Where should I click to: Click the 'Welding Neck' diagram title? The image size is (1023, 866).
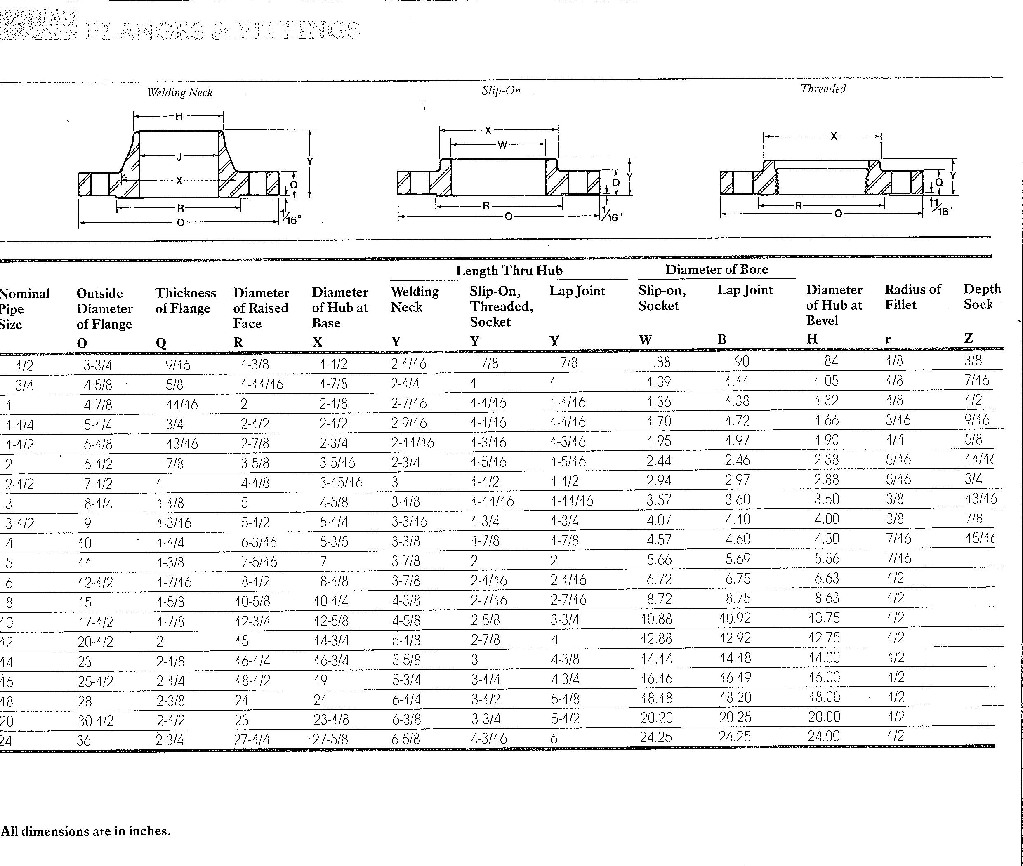pos(180,92)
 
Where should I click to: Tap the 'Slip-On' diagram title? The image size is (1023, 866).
pos(500,90)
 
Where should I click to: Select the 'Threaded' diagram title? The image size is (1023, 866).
pos(823,89)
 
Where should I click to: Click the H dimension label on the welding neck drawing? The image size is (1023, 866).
pos(179,116)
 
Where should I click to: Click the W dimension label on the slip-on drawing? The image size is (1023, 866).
pos(502,145)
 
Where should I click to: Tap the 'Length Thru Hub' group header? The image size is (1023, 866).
pos(509,271)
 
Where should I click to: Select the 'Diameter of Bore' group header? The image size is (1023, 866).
pos(717,270)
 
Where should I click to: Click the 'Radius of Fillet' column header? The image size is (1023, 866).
pos(912,297)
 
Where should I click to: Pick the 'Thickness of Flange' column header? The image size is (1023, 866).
pos(185,301)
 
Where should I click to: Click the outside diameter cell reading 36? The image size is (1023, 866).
pos(84,740)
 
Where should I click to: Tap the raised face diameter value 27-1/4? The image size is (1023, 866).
pos(252,739)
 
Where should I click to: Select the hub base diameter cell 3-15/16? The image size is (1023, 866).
pos(341,482)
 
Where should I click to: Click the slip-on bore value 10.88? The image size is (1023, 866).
pos(656,619)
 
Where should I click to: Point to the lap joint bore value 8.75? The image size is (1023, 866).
pos(738,598)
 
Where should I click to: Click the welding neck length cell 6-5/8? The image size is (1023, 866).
pos(405,739)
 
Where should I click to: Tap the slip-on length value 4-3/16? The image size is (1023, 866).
pos(489,738)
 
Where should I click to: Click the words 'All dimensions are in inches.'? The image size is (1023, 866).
pos(86,831)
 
